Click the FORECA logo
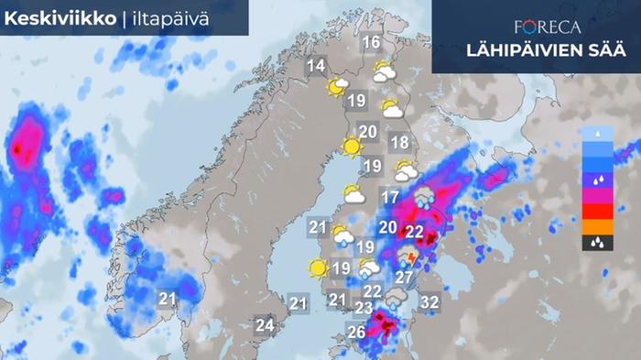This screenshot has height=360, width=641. pyautogui.click(x=547, y=26)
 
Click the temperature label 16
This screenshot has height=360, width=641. pyautogui.click(x=371, y=43)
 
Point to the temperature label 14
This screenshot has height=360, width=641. pyautogui.click(x=316, y=66)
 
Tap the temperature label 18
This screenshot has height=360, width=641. pyautogui.click(x=399, y=142)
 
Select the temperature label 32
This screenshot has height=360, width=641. pyautogui.click(x=430, y=300)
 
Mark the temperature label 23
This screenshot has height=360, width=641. pyautogui.click(x=364, y=308)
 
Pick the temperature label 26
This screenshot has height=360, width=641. pyautogui.click(x=357, y=331)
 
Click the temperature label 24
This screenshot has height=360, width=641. pyautogui.click(x=266, y=324)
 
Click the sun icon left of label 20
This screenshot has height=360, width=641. pyautogui.click(x=350, y=146)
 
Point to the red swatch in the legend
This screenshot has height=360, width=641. pyautogui.click(x=596, y=212)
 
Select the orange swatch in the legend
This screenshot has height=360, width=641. pyautogui.click(x=596, y=227)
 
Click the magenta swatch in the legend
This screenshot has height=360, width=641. pyautogui.click(x=596, y=195)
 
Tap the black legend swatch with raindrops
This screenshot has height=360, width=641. pyautogui.click(x=596, y=244)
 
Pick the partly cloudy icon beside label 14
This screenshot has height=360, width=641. pyautogui.click(x=338, y=86)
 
